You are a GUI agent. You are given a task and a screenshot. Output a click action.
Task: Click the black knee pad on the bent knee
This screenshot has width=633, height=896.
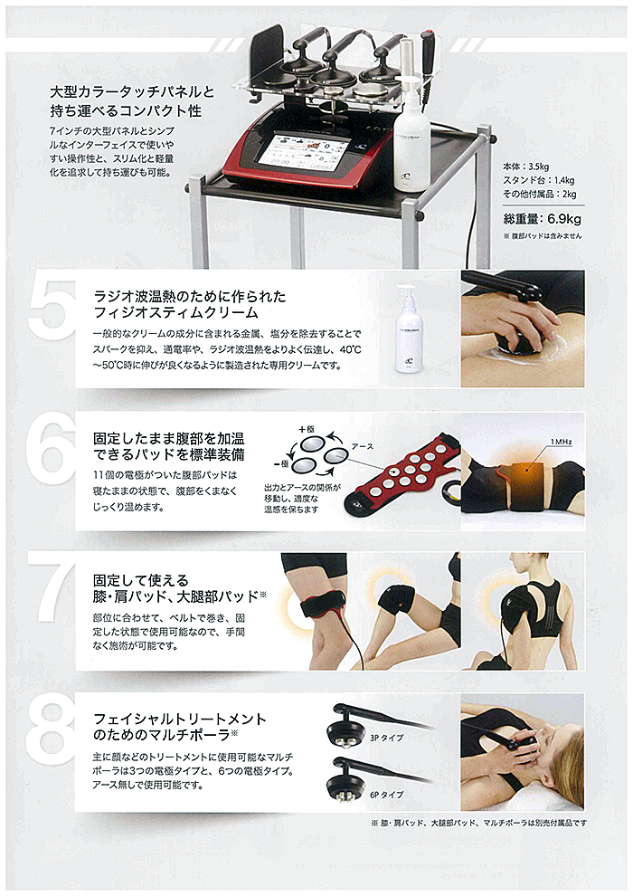click(x=397, y=598)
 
